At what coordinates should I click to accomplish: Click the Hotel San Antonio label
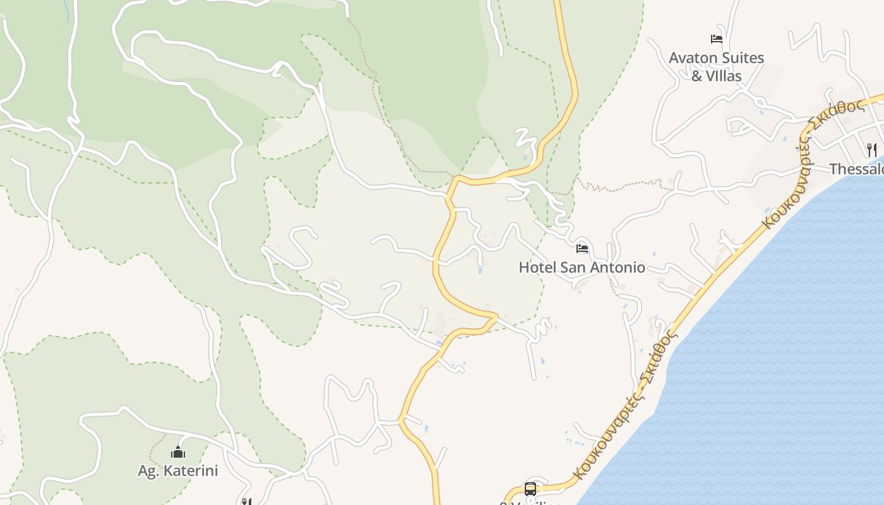click(x=582, y=268)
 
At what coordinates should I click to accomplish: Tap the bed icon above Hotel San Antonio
click(x=582, y=248)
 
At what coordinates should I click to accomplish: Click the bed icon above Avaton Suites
click(x=716, y=39)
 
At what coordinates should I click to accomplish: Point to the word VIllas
click(x=724, y=76)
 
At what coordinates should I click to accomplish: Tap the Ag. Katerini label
click(x=177, y=471)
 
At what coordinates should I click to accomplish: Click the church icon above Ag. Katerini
click(x=178, y=452)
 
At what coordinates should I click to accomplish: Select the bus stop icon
click(x=530, y=489)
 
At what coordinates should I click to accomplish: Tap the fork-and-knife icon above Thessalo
click(x=872, y=150)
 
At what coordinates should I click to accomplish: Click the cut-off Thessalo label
click(x=856, y=169)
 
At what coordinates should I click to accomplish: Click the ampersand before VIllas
click(x=697, y=76)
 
